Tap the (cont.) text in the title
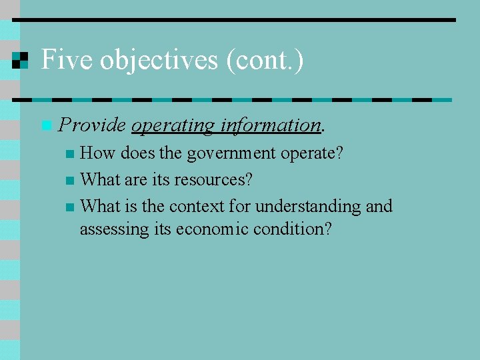coord(265,60)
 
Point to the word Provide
coord(92,125)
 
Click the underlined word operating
coord(173,125)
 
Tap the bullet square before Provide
coord(45,125)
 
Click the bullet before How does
coord(70,154)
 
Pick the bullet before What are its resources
coord(70,181)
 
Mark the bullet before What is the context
coord(70,207)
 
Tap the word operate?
coord(312,154)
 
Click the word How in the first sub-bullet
coord(97,153)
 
